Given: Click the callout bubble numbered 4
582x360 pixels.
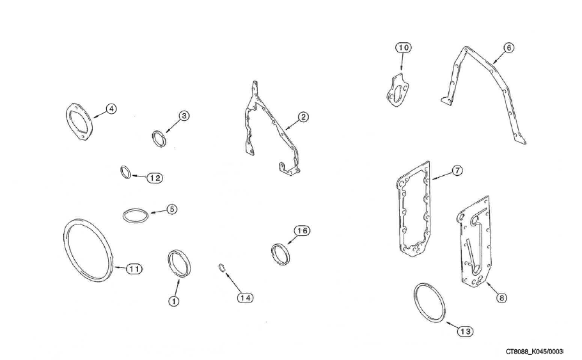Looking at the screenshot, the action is pyautogui.click(x=111, y=109).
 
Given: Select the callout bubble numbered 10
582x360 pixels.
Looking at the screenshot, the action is pyautogui.click(x=404, y=47).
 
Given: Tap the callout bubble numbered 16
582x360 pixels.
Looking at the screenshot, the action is pyautogui.click(x=302, y=231).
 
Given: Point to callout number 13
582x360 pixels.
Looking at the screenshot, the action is pyautogui.click(x=465, y=331).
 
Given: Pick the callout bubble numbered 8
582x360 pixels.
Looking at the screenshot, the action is pyautogui.click(x=501, y=297).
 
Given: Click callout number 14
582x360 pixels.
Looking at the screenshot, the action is pyautogui.click(x=246, y=297).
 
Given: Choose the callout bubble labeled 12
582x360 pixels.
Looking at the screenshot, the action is pyautogui.click(x=155, y=178).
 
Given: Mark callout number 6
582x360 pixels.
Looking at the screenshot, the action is pyautogui.click(x=509, y=47).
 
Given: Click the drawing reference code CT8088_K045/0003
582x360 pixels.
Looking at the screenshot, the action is pyautogui.click(x=535, y=351).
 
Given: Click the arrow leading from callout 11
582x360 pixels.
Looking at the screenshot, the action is pyautogui.click(x=120, y=267).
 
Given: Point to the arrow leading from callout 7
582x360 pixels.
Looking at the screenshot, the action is pyautogui.click(x=442, y=175).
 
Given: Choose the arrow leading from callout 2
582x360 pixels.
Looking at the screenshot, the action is pyautogui.click(x=292, y=124).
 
